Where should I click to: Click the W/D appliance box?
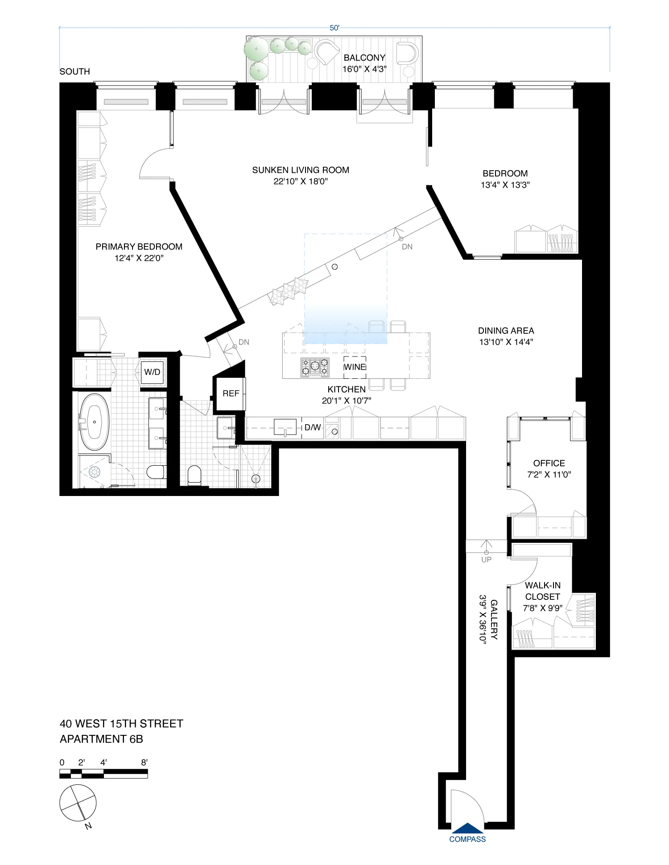pyautogui.click(x=152, y=372)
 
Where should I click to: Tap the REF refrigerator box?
pyautogui.click(x=231, y=394)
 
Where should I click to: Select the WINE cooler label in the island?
pyautogui.click(x=355, y=367)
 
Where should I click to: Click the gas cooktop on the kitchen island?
pyautogui.click(x=315, y=367)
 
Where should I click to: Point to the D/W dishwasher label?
pyautogui.click(x=312, y=428)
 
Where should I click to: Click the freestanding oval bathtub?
pyautogui.click(x=94, y=422)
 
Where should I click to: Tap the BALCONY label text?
pyautogui.click(x=364, y=58)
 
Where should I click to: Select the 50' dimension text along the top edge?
pyautogui.click(x=334, y=28)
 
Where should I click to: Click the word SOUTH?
pyautogui.click(x=75, y=72)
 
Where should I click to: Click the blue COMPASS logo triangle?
pyautogui.click(x=467, y=828)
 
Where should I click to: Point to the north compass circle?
pyautogui.click(x=78, y=803)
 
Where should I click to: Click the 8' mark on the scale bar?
pyautogui.click(x=144, y=763)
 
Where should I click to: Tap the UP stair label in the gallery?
pyautogui.click(x=486, y=559)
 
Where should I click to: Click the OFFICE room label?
pyautogui.click(x=549, y=463)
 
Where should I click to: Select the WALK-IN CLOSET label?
pyautogui.click(x=543, y=591)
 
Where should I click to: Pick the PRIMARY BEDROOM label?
pyautogui.click(x=139, y=247)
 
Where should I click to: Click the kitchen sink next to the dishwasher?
pyautogui.click(x=285, y=427)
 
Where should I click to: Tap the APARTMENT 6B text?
pyautogui.click(x=101, y=739)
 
